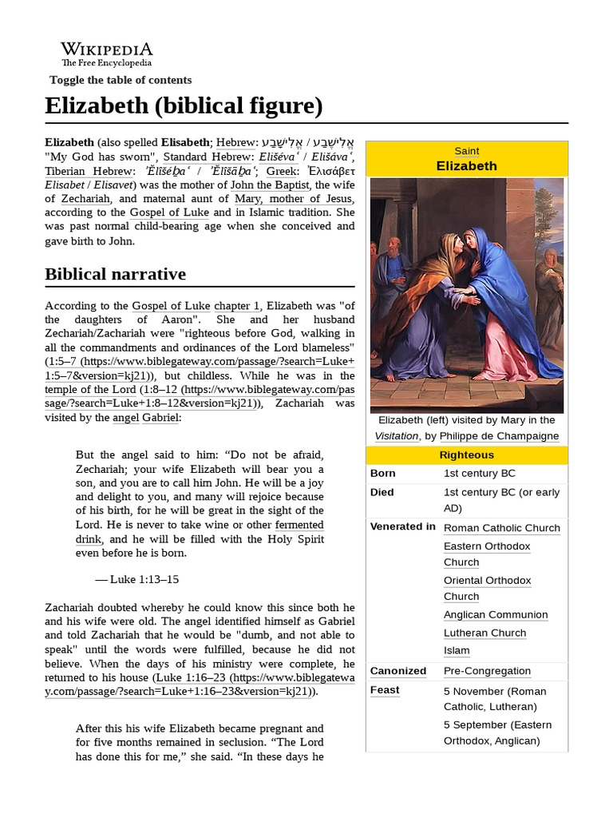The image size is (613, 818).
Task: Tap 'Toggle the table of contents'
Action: pos(121,80)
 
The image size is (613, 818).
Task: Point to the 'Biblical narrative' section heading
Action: pos(115,274)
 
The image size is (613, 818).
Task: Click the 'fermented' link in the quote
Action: pos(299,525)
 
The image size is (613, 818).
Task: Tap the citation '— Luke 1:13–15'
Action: pos(136,580)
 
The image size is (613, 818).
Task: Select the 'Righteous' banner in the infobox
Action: pos(467,455)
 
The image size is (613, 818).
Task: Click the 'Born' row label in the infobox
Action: pos(383,474)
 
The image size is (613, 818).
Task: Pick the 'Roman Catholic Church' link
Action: pos(501,528)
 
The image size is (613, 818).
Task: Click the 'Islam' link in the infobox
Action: pos(457,651)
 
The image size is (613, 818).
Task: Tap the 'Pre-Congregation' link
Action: pos(487,671)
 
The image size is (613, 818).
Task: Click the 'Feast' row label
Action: pos(385,690)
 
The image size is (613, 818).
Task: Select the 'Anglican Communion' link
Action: pos(496,615)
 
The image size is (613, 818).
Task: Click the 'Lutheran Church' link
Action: pos(484,633)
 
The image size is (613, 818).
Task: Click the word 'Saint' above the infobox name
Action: pos(467,151)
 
